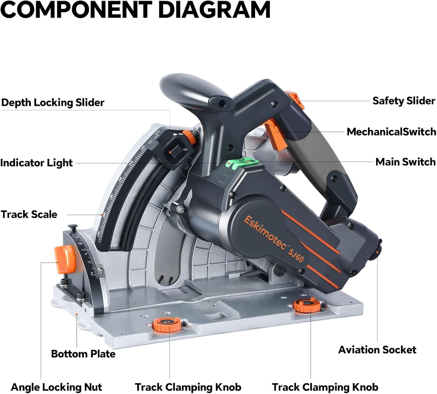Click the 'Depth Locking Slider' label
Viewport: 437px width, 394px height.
tap(53, 103)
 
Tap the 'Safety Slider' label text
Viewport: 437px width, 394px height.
tap(403, 101)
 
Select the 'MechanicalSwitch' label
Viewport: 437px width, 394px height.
tap(391, 132)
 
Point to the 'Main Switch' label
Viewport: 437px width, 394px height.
tap(405, 162)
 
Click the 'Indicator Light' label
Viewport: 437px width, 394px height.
tap(36, 163)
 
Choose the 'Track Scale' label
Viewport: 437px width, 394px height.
tap(29, 214)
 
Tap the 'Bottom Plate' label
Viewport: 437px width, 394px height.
tap(83, 354)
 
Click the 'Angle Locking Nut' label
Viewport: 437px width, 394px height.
tap(56, 387)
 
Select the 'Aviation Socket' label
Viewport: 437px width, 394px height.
tap(377, 350)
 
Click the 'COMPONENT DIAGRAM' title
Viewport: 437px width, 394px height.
tap(135, 10)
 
